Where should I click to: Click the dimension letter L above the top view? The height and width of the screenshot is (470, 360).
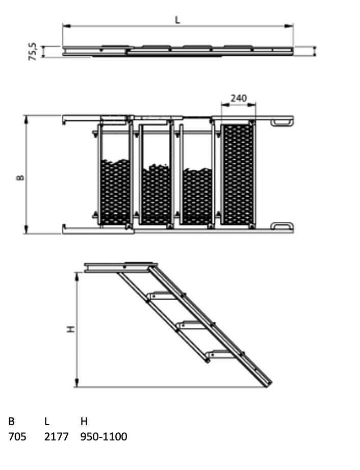point(177,20)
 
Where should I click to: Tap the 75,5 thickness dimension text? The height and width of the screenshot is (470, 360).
point(33,52)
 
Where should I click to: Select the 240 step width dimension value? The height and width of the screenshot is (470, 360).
point(239,98)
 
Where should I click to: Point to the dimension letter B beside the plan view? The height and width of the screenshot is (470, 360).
point(20,177)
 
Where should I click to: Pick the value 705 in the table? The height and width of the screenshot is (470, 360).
point(17,437)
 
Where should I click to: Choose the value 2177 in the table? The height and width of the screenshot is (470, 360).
point(56,437)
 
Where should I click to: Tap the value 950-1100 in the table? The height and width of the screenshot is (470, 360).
point(104,437)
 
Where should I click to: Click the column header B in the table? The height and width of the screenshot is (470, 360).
point(11,422)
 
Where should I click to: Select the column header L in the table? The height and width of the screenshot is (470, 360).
point(46,422)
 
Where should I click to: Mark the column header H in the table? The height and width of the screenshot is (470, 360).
point(84,422)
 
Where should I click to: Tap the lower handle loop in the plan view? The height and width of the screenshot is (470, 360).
point(282,226)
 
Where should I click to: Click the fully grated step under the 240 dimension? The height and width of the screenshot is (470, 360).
point(238,173)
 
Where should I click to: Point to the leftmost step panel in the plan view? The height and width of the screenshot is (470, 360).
point(115,176)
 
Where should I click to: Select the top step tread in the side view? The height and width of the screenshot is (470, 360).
point(163,295)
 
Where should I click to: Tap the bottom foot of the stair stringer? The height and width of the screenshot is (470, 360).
point(267,383)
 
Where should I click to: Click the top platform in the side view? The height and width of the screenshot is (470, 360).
point(120,267)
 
